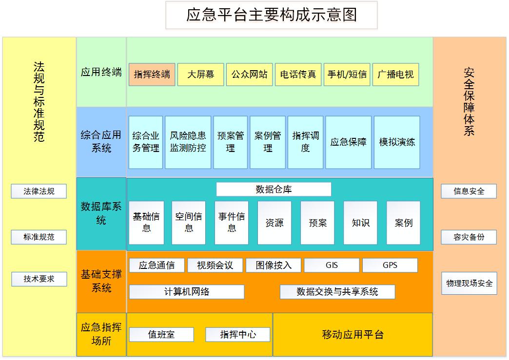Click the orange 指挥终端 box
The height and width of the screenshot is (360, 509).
(x=152, y=75)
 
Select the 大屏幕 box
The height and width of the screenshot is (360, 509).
(x=200, y=75)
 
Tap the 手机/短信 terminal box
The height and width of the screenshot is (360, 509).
(x=347, y=75)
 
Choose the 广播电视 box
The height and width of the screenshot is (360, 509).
(x=395, y=75)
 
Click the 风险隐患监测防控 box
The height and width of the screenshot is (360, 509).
(x=188, y=142)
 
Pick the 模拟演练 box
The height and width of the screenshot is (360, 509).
(x=397, y=142)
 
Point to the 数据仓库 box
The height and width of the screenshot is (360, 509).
(x=274, y=189)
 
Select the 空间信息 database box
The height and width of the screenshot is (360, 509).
(x=189, y=223)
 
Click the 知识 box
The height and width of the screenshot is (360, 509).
(x=360, y=223)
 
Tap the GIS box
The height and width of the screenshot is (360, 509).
(x=332, y=265)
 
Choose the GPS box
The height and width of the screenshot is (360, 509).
(x=390, y=265)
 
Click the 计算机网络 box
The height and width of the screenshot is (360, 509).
(x=186, y=292)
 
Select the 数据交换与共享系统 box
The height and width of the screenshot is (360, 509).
(x=337, y=292)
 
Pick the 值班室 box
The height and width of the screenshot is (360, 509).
(x=161, y=335)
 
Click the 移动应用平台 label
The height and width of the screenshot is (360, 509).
(x=352, y=335)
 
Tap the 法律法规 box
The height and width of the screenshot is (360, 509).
(x=39, y=191)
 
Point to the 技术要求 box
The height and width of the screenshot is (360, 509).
(x=39, y=279)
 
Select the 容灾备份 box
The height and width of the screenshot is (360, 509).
(x=469, y=237)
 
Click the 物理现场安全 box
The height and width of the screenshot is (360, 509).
(x=469, y=283)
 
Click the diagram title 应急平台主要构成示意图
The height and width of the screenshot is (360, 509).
(x=272, y=15)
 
